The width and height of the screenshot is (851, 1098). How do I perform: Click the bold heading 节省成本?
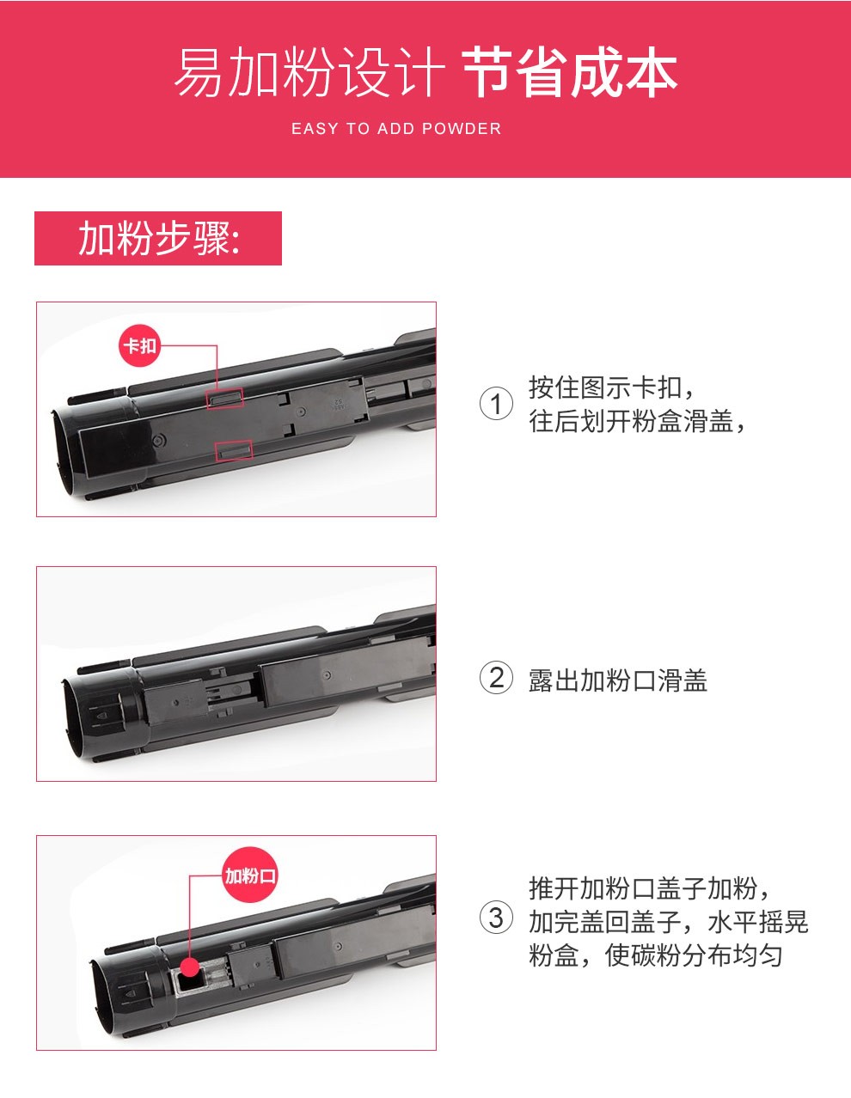tap(570, 72)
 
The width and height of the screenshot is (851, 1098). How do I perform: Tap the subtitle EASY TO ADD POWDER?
tap(396, 128)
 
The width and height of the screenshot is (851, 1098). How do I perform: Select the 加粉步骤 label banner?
tap(157, 238)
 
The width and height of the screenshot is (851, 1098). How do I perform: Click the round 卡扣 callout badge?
tap(139, 345)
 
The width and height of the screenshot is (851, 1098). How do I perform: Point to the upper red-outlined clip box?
tap(225, 398)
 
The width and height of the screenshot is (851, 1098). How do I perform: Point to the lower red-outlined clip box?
tap(234, 451)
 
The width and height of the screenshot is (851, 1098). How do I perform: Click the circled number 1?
tap(496, 404)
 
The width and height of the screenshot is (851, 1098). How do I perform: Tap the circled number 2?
tap(496, 678)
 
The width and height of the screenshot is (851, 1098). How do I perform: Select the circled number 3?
tap(496, 918)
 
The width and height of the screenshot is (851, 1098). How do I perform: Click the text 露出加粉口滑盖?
tap(617, 680)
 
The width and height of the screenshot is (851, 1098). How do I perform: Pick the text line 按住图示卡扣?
tap(610, 387)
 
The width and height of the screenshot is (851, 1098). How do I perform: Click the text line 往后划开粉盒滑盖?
tap(636, 421)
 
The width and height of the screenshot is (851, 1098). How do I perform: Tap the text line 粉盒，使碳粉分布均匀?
tap(655, 955)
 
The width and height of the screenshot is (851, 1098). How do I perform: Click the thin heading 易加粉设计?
tap(309, 72)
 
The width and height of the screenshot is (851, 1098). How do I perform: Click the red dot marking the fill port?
tap(191, 966)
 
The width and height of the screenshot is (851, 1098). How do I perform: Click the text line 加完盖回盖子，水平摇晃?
tap(669, 921)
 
